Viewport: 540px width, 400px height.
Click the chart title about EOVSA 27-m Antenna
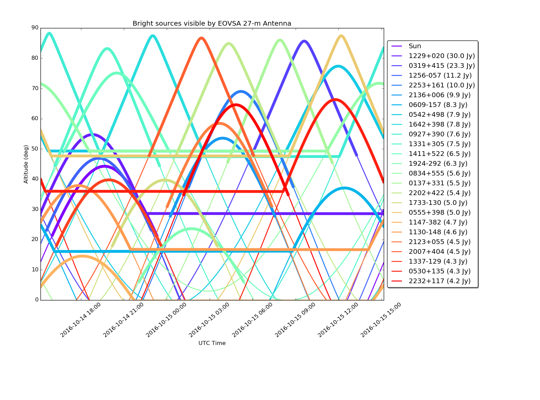pos(212,23)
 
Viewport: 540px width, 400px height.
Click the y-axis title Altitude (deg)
pos(26,164)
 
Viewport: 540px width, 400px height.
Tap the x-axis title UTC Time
pos(212,343)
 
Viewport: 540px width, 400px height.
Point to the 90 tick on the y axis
pos(35,28)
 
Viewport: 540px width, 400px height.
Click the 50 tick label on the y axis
pos(35,149)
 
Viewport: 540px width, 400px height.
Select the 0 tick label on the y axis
pos(37,300)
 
